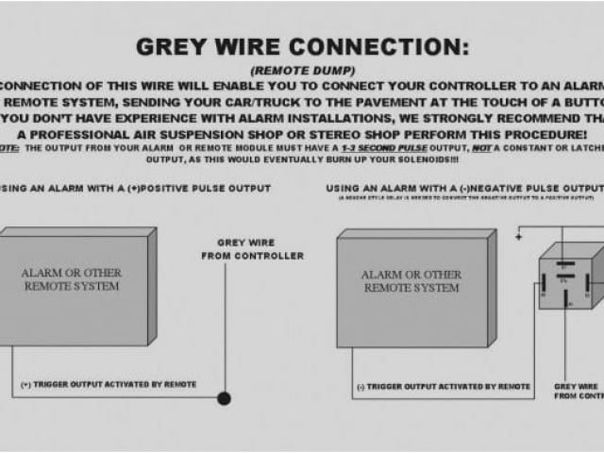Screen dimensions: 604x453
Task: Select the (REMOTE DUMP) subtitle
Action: (x=303, y=70)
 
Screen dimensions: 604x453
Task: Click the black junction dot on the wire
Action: (x=224, y=398)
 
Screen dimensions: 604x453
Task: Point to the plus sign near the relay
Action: (x=518, y=237)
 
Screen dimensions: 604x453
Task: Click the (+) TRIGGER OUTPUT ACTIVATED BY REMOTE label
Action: (x=109, y=384)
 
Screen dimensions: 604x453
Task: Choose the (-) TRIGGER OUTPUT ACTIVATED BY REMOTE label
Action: (x=443, y=387)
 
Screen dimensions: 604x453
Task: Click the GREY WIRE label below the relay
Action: (x=578, y=391)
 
